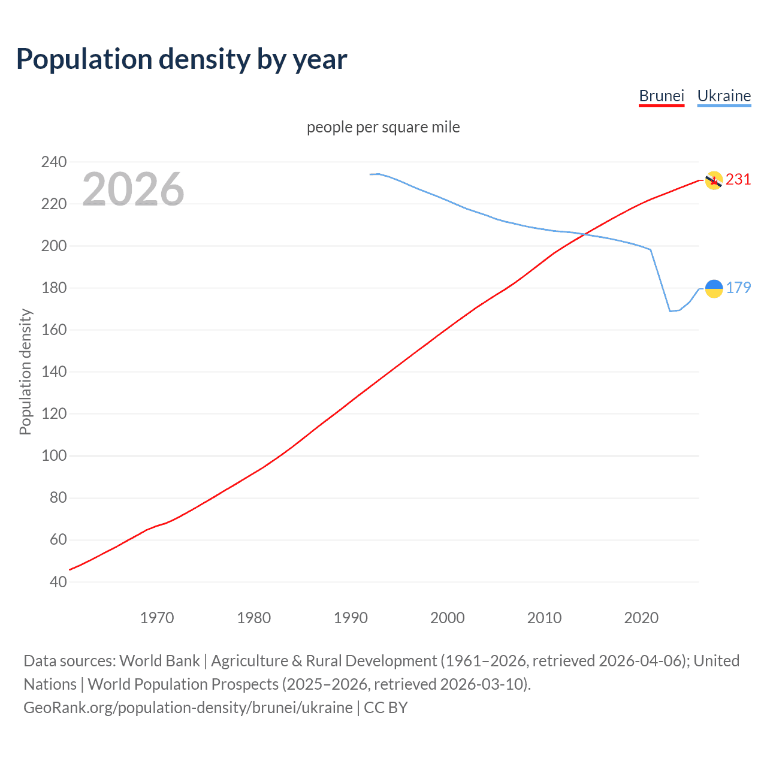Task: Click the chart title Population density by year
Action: (182, 59)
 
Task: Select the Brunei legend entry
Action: (661, 96)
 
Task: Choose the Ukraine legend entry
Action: (724, 96)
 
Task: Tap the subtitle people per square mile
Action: (383, 127)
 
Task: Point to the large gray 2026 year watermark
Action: (133, 189)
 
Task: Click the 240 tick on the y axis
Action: (54, 162)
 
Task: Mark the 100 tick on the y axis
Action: (54, 455)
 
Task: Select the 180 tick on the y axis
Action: (54, 288)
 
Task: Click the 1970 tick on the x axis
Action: (157, 617)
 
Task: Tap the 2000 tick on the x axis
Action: (448, 617)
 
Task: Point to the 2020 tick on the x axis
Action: (641, 617)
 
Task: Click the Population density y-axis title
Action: (25, 372)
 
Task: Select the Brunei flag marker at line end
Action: (713, 180)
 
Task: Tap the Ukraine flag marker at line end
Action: (713, 288)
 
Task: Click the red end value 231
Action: (738, 179)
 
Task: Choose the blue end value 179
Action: (738, 288)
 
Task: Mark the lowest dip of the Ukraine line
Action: (670, 311)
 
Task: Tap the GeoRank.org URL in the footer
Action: (188, 707)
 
